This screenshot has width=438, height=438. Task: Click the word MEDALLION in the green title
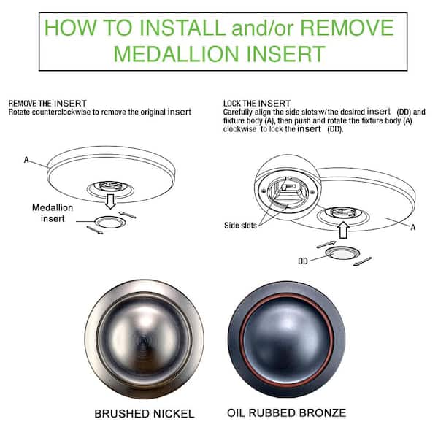(176, 54)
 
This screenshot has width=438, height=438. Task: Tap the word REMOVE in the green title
(347, 28)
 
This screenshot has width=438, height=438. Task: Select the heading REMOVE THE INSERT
(47, 104)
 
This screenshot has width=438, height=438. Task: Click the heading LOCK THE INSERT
(257, 104)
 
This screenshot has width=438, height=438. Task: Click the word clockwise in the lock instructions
(239, 129)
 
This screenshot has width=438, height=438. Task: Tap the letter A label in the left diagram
(26, 160)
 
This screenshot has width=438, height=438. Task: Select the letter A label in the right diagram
(413, 227)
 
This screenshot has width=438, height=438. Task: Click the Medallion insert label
(53, 213)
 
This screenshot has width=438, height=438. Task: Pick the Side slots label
(240, 225)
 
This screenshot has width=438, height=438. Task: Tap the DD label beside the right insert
(303, 261)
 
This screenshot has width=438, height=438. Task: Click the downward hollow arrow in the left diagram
(111, 201)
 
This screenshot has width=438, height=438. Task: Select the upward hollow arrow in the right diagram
(343, 230)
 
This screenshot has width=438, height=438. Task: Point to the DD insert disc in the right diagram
(342, 254)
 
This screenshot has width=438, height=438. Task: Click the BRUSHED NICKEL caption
(144, 414)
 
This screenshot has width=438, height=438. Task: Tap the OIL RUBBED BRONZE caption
(287, 413)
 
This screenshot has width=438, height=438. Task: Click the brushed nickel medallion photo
(144, 339)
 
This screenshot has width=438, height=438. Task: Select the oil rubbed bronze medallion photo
(287, 339)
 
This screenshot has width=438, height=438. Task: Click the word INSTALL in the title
(182, 28)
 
